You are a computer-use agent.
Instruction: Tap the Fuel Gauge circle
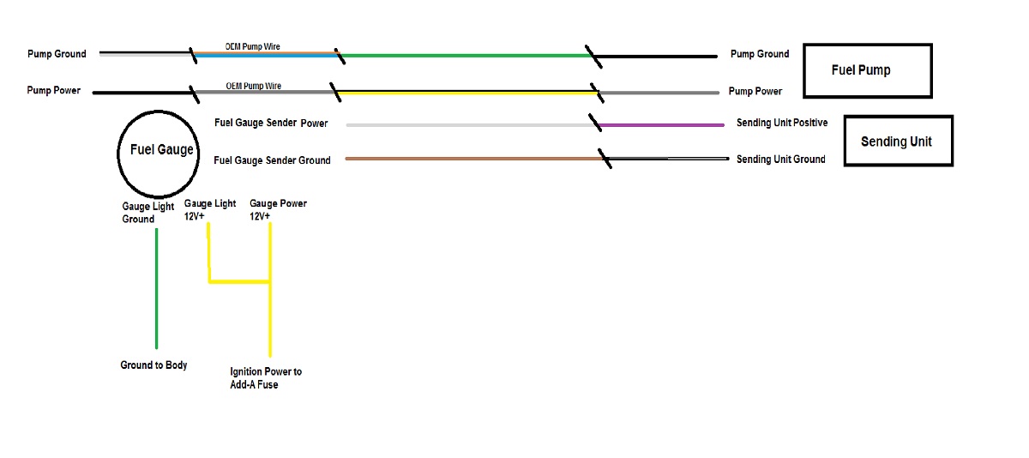pos(118,154)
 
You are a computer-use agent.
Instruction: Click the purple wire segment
pos(661,125)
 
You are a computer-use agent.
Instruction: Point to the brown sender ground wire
pos(474,159)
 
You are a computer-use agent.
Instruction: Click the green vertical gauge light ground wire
pos(157,288)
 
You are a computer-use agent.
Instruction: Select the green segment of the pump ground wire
pos(466,56)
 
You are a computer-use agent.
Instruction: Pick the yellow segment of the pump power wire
pos(467,93)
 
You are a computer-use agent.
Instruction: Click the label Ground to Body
pos(153,365)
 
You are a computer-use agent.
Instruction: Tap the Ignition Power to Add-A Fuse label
pos(266,377)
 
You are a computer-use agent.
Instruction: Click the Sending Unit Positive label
pos(782,123)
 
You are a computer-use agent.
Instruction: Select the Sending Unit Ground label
pos(781,160)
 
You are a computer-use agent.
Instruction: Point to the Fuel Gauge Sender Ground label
pos(272,160)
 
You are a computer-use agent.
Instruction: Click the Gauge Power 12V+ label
pos(278,209)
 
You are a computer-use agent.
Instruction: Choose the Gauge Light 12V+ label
pos(210,209)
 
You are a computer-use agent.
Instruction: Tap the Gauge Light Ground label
pos(147,213)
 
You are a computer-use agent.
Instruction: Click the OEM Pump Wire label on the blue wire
pos(252,46)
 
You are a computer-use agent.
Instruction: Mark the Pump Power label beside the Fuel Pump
pos(755,92)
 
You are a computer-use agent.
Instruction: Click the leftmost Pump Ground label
pos(57,54)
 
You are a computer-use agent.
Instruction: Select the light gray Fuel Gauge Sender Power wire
pos(472,125)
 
